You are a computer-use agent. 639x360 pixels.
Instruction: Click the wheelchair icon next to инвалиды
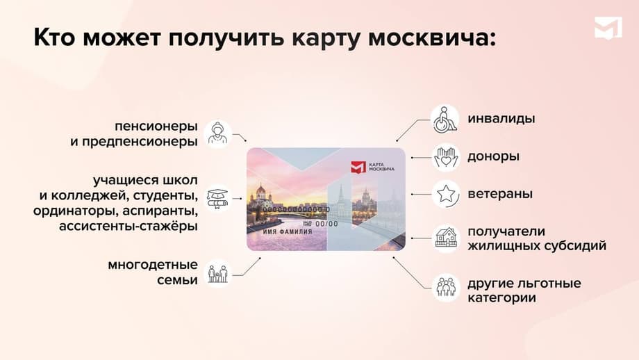tap(445, 120)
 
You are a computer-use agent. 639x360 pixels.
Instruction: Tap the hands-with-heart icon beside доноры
tap(445, 157)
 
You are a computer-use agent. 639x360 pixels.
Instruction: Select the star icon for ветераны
tap(445, 194)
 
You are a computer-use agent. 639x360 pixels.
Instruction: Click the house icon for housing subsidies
tap(445, 238)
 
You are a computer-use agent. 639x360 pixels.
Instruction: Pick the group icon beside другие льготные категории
tap(445, 287)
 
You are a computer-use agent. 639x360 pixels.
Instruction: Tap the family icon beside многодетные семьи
tap(217, 272)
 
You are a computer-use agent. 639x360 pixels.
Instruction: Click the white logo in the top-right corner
tap(608, 29)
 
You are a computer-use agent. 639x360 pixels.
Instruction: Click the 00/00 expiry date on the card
tap(326, 224)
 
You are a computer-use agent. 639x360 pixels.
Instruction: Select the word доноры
tap(493, 157)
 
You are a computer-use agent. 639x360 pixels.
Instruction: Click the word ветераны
tap(500, 194)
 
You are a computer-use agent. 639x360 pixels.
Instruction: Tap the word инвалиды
tap(501, 119)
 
